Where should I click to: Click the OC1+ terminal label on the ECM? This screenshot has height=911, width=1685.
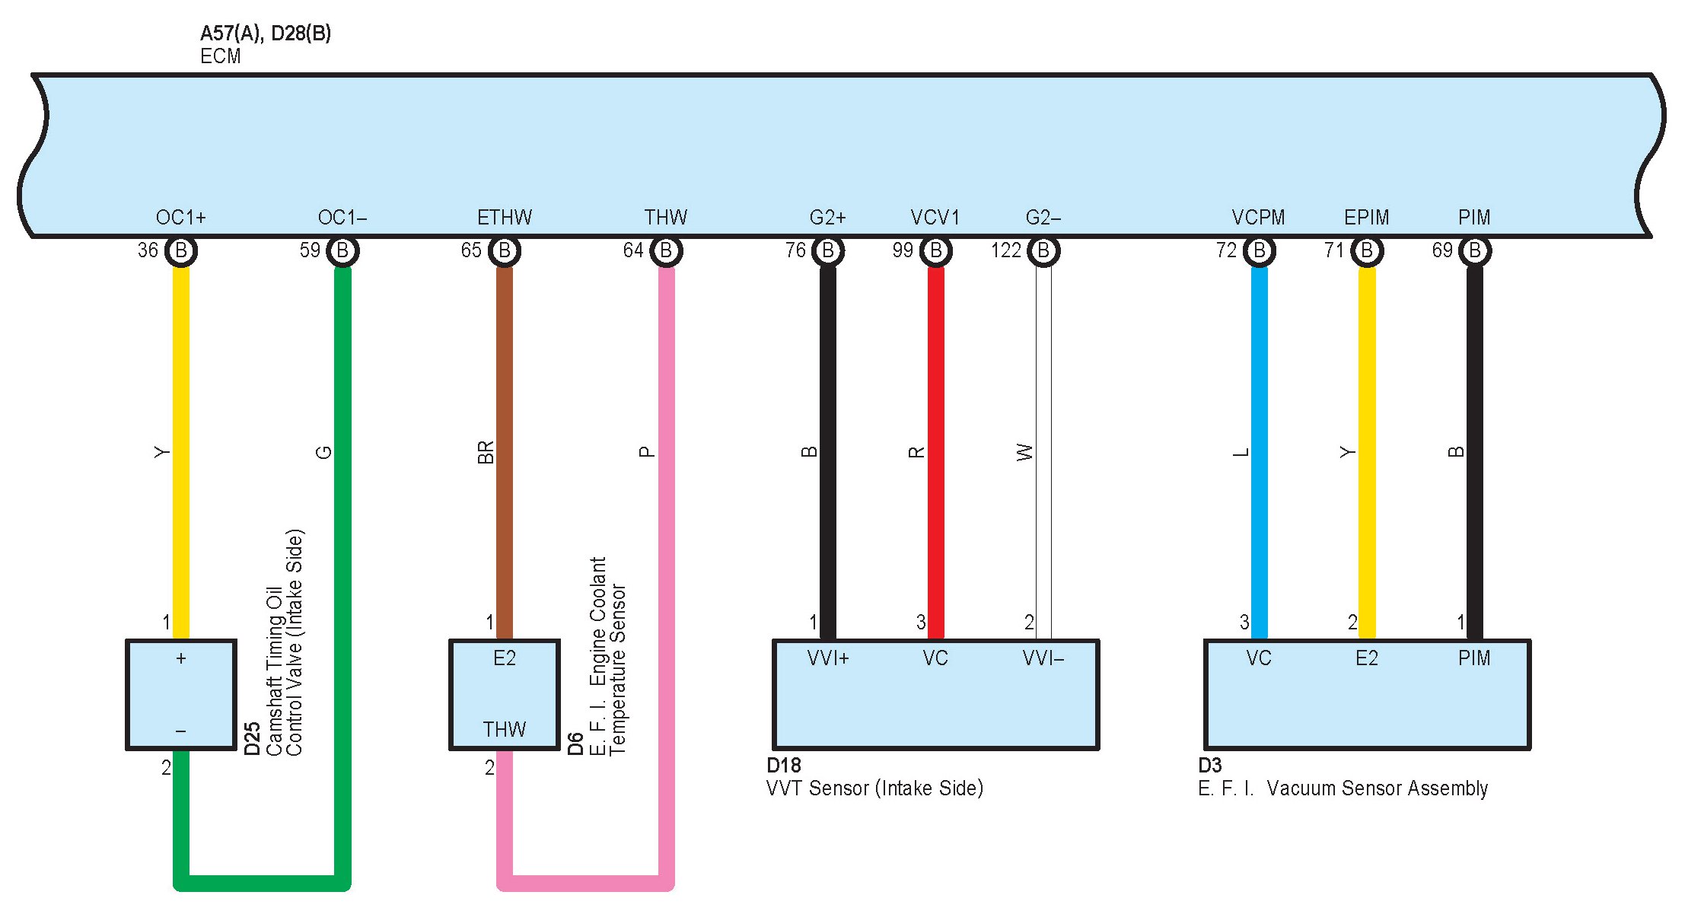point(180,218)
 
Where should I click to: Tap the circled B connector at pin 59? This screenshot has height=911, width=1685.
point(342,250)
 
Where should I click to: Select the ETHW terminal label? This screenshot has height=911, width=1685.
point(504,218)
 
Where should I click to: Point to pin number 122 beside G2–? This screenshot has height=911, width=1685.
point(1005,250)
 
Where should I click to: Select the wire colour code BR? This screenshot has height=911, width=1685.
point(486,452)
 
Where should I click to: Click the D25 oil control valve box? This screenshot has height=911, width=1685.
point(181,694)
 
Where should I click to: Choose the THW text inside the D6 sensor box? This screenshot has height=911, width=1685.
point(504,730)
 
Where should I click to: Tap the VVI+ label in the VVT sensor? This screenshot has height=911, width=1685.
point(827,658)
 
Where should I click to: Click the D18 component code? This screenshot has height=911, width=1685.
point(783,766)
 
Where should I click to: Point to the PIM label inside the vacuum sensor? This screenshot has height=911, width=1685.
point(1473,658)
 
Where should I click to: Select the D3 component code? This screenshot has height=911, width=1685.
point(1209,766)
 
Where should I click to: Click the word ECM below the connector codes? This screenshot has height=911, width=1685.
point(220,56)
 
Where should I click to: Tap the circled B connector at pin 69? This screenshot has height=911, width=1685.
point(1474,250)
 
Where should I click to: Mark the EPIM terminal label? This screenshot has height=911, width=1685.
point(1366,218)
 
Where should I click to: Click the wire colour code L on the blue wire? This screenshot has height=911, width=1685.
point(1241,452)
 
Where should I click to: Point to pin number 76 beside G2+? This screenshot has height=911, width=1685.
point(795,250)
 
